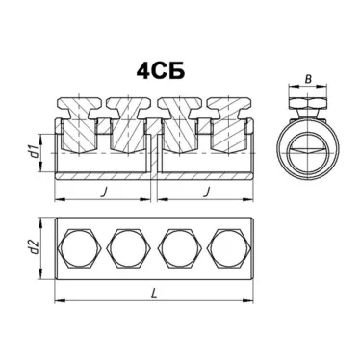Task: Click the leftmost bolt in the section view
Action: [x=79, y=120]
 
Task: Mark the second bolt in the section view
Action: [x=128, y=120]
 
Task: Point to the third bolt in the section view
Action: [x=182, y=120]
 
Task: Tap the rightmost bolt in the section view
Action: [x=231, y=120]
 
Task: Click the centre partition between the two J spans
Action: [x=155, y=154]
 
